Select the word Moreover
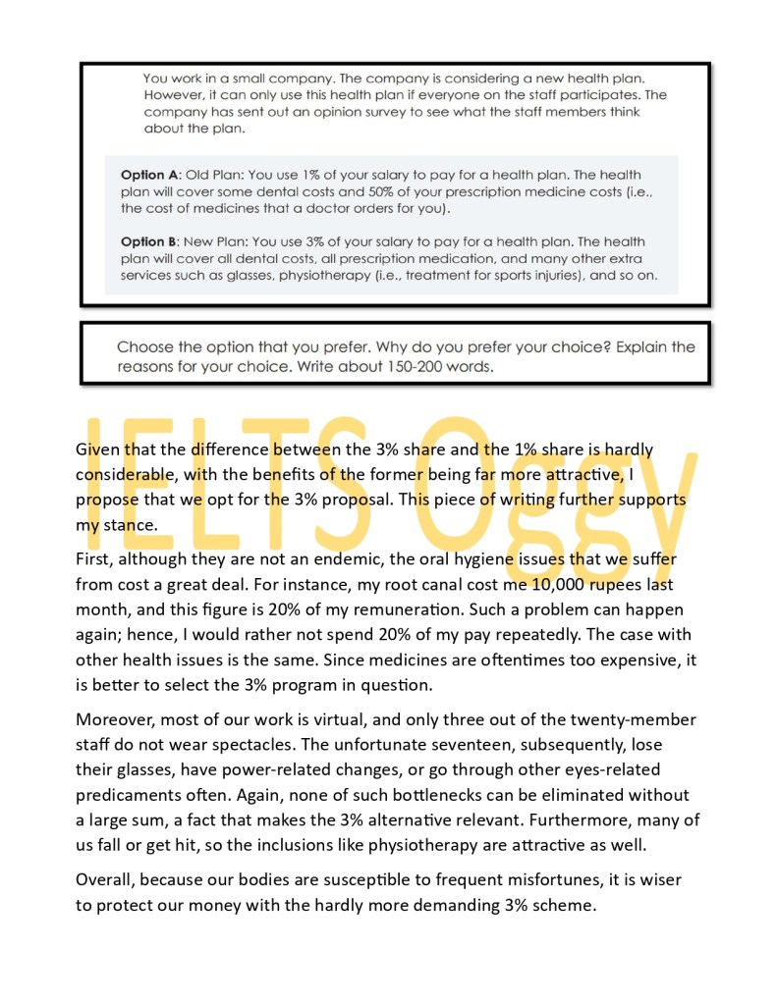click(115, 717)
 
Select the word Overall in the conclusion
click(106, 879)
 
